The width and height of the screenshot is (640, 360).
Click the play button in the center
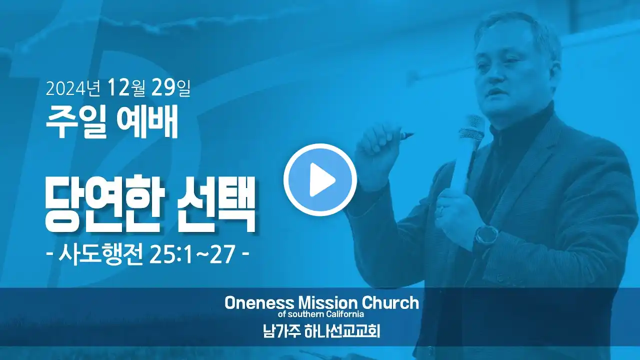320,179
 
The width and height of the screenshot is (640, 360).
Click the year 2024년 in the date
73,88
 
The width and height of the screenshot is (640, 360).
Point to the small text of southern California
321,314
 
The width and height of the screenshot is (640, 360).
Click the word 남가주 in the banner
281,331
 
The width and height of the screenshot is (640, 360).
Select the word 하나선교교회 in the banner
342,331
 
